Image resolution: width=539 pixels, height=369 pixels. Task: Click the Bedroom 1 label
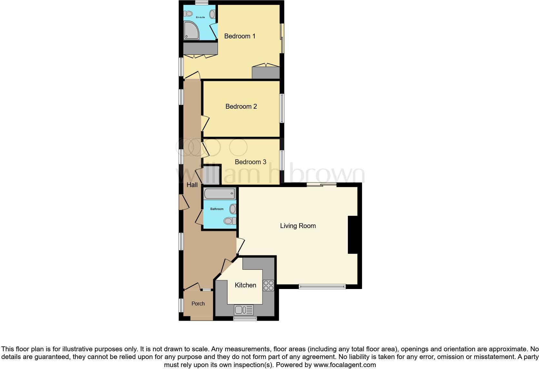point(240,36)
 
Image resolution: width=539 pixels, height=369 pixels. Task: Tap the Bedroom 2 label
point(241,106)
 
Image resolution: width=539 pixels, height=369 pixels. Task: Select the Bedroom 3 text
point(250,162)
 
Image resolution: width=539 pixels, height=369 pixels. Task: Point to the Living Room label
point(298,226)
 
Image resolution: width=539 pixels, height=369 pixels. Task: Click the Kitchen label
point(245,285)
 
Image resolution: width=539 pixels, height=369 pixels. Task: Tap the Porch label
point(198,304)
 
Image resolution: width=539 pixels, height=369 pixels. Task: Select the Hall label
point(192,185)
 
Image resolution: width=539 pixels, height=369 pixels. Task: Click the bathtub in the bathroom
point(219,194)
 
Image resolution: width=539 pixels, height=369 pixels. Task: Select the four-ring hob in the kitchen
point(269,285)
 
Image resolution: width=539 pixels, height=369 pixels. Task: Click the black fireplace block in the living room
point(353,234)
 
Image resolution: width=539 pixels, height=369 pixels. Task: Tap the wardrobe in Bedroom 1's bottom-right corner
point(266,73)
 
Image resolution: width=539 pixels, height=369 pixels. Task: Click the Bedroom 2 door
point(205,123)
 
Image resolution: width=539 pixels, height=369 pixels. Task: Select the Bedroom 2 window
point(281,108)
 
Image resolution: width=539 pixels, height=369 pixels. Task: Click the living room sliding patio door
point(321,185)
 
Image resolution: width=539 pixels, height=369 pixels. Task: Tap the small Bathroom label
point(217,209)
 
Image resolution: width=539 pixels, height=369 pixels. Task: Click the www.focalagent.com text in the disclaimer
point(345,365)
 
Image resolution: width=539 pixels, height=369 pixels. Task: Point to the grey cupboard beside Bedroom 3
point(211,175)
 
